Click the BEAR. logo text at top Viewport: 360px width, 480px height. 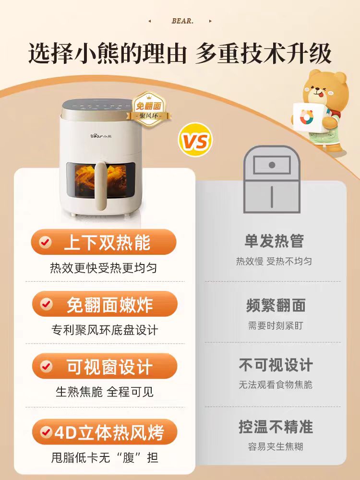[x=182, y=21]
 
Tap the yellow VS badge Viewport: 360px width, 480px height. [x=195, y=140]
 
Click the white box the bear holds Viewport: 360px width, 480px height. [x=308, y=118]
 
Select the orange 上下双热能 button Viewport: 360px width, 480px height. [x=104, y=242]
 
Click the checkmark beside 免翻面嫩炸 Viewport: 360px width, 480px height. [x=47, y=304]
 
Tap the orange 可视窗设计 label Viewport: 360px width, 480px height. [x=105, y=366]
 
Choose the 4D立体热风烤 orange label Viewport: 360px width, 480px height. [x=105, y=432]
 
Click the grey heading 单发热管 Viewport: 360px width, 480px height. [x=274, y=241]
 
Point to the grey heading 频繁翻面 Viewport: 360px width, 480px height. [x=276, y=305]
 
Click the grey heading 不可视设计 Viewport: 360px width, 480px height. [x=276, y=365]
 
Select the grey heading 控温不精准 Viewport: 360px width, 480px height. [x=276, y=427]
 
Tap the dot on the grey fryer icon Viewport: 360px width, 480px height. [x=272, y=165]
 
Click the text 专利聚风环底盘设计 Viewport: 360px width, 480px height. [x=105, y=330]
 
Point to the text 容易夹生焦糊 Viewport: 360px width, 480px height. [x=276, y=446]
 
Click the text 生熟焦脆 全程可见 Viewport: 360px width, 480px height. [x=105, y=392]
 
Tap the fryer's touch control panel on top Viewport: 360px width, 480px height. [x=101, y=106]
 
